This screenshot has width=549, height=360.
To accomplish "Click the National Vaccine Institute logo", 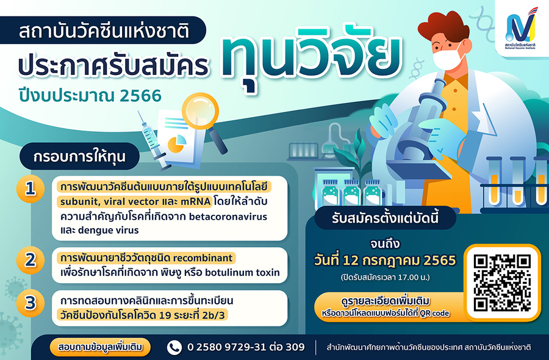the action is (x=521, y=29).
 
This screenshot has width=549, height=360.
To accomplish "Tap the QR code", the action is (x=502, y=283).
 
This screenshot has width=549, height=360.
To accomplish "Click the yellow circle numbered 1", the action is (x=30, y=189).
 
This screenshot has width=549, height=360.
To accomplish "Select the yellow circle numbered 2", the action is (x=30, y=260).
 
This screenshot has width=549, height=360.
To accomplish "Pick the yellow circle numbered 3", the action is (x=30, y=303).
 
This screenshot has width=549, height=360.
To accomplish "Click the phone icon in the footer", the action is (x=174, y=347).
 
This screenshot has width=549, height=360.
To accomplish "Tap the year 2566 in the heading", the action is (x=140, y=96).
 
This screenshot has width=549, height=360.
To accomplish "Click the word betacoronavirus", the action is (x=228, y=217).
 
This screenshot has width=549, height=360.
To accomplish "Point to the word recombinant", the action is (x=203, y=258).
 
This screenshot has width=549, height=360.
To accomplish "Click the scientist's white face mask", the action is (x=448, y=57).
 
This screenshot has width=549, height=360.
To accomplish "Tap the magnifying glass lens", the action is (x=200, y=111).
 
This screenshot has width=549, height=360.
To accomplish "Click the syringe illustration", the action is (x=153, y=141).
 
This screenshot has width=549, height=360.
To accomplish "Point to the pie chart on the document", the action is (x=177, y=143).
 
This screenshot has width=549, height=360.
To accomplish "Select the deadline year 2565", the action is (x=440, y=261).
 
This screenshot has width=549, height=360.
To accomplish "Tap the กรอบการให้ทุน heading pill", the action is (x=79, y=156).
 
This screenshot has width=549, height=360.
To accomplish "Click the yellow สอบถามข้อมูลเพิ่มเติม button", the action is (x=100, y=347).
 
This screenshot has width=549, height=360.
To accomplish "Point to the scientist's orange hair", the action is (x=443, y=27).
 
